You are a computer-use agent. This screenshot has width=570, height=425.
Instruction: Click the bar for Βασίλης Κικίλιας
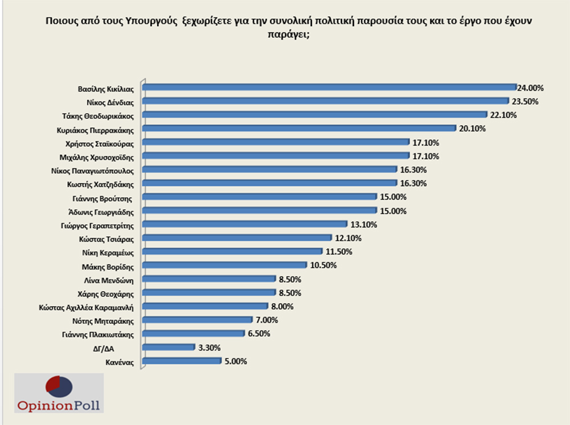(329, 87)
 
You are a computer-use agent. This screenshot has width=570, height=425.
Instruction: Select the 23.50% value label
(524, 102)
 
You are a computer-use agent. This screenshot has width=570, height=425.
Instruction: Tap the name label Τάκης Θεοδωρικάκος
(97, 115)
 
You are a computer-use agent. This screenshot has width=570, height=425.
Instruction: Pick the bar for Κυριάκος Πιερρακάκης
(299, 128)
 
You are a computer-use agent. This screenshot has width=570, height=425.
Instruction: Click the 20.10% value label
(473, 129)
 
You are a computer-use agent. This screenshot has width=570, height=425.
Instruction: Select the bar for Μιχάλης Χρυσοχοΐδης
(276, 155)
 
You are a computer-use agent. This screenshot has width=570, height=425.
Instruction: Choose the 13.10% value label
(363, 225)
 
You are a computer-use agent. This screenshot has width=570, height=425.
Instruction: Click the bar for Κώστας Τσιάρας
(237, 237)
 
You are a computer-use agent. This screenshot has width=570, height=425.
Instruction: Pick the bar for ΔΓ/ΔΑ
(168, 346)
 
